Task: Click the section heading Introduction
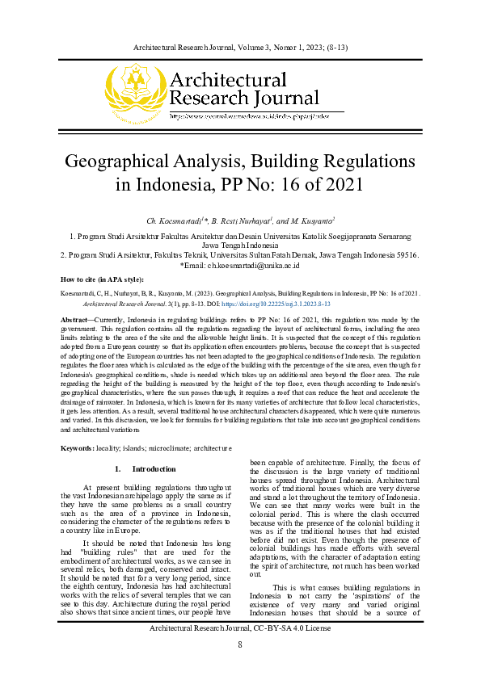pos(154,469)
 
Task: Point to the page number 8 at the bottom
pos(239,667)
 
